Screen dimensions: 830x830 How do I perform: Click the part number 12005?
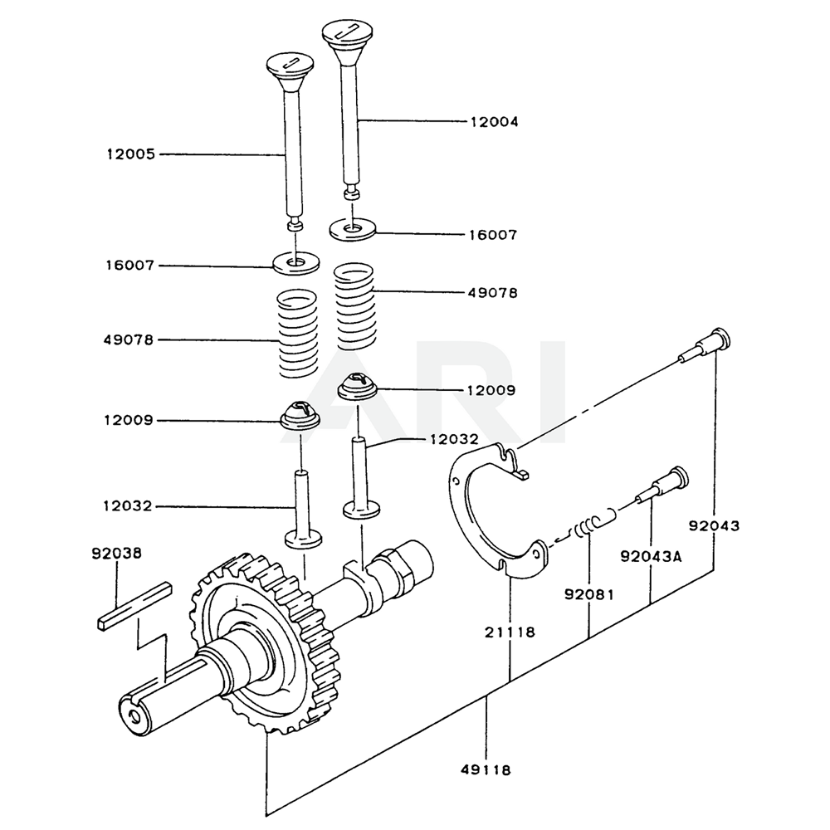click(129, 154)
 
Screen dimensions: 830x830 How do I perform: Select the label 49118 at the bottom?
click(485, 769)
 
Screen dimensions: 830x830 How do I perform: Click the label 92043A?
click(650, 557)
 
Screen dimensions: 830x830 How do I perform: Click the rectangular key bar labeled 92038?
click(134, 608)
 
